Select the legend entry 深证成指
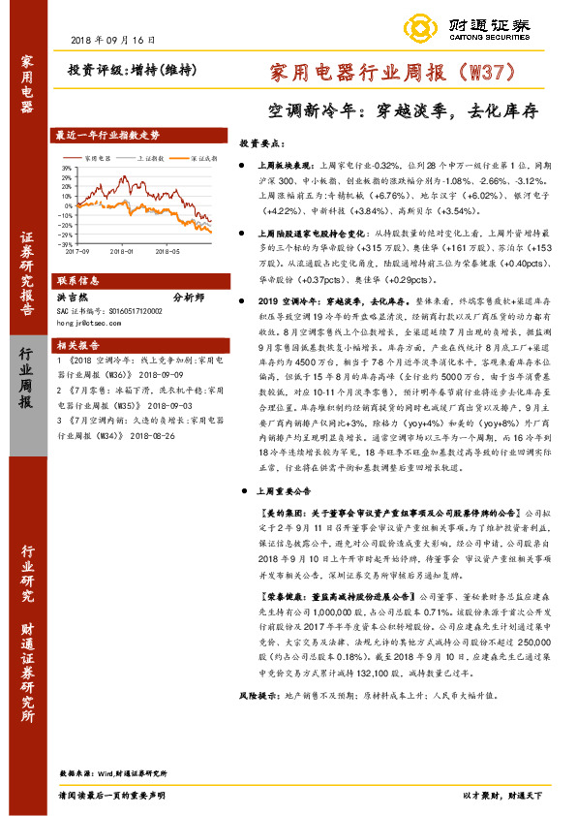[x=200, y=155]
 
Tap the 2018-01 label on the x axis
[x=122, y=250]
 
